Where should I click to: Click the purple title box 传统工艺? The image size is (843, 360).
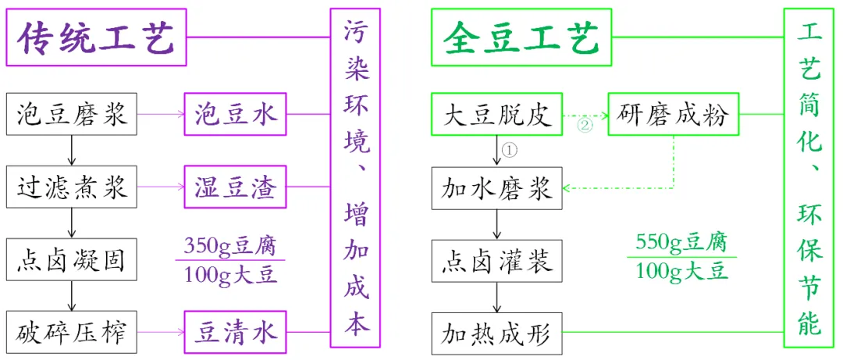tap(98, 37)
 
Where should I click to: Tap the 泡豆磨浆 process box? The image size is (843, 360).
tap(71, 116)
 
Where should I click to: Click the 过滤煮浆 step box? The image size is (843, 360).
tap(71, 187)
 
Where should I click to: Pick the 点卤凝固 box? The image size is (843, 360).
tap(71, 261)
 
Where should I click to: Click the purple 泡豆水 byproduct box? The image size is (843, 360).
tap(235, 116)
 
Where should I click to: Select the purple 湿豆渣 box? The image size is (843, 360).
tap(235, 187)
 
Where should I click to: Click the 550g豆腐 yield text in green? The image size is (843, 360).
tap(680, 244)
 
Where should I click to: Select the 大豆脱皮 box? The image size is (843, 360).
tap(497, 116)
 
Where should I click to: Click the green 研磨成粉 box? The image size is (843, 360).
tap(672, 116)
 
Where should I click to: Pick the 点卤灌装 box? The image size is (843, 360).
tap(497, 261)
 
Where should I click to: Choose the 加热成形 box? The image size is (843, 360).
tap(497, 333)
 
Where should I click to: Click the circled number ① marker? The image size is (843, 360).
tap(510, 148)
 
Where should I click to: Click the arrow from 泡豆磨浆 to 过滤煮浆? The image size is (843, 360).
tap(72, 151)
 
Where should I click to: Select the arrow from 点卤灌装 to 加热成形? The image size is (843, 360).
tap(497, 297)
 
